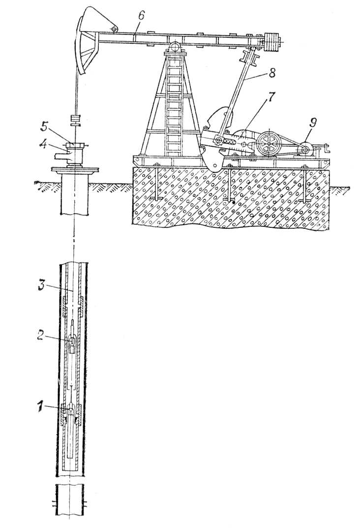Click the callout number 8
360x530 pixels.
[x=271, y=73]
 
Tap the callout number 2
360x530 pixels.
[x=40, y=336]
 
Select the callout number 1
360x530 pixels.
[x=41, y=407]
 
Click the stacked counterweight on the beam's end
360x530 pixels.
[x=273, y=42]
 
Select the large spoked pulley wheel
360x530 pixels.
[x=269, y=144]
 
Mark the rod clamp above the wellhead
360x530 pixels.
[x=76, y=120]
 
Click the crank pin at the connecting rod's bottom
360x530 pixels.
[x=219, y=140]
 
